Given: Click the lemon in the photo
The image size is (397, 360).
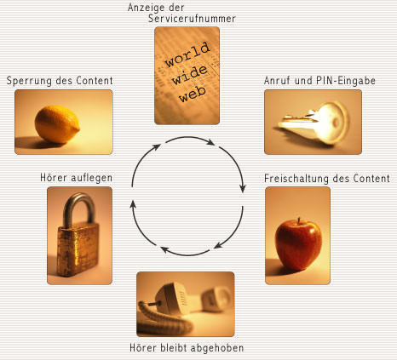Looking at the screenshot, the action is point(57,124).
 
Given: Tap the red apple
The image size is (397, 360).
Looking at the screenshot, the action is point(298,245).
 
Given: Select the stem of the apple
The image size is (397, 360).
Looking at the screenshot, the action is point(299,221).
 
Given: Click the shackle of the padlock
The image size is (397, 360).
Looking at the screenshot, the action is point(79,208).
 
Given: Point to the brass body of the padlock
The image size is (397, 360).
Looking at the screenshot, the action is point(78,249).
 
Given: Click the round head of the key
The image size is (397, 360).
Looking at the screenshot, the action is point(332,123).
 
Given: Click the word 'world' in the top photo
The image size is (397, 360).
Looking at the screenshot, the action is point(187,54).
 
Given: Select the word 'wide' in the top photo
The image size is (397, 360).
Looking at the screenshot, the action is point(190,75).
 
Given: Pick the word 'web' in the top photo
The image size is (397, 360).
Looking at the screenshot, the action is point(193,94).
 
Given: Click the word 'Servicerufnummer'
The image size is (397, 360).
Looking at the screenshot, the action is point(192,19).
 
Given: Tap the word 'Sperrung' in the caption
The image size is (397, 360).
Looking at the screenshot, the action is point(29,81).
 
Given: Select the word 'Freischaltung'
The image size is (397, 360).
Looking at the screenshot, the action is point(296,179).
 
